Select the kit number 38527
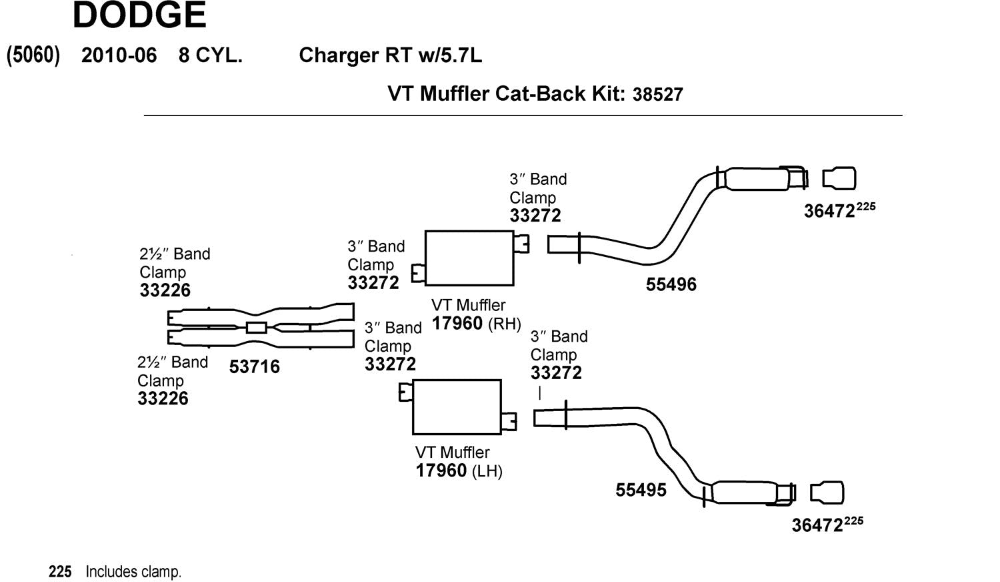pos(658,94)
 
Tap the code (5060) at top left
pos(33,55)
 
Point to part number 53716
pos(255,366)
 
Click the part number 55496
pos(671,284)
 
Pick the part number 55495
pos(641,490)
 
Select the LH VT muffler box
pos(457,406)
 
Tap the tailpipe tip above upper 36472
pos(839,179)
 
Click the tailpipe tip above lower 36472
pos(827,493)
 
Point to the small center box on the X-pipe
pos(257,327)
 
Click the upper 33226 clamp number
pos(165,290)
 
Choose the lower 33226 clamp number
pos(163,398)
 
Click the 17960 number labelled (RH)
pos(457,324)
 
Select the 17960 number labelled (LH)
pos(441,471)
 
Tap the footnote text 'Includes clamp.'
pos(133,572)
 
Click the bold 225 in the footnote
pos(60,572)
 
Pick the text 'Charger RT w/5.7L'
pos(390,55)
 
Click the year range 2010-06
pos(119,55)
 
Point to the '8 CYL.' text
pos(210,55)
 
